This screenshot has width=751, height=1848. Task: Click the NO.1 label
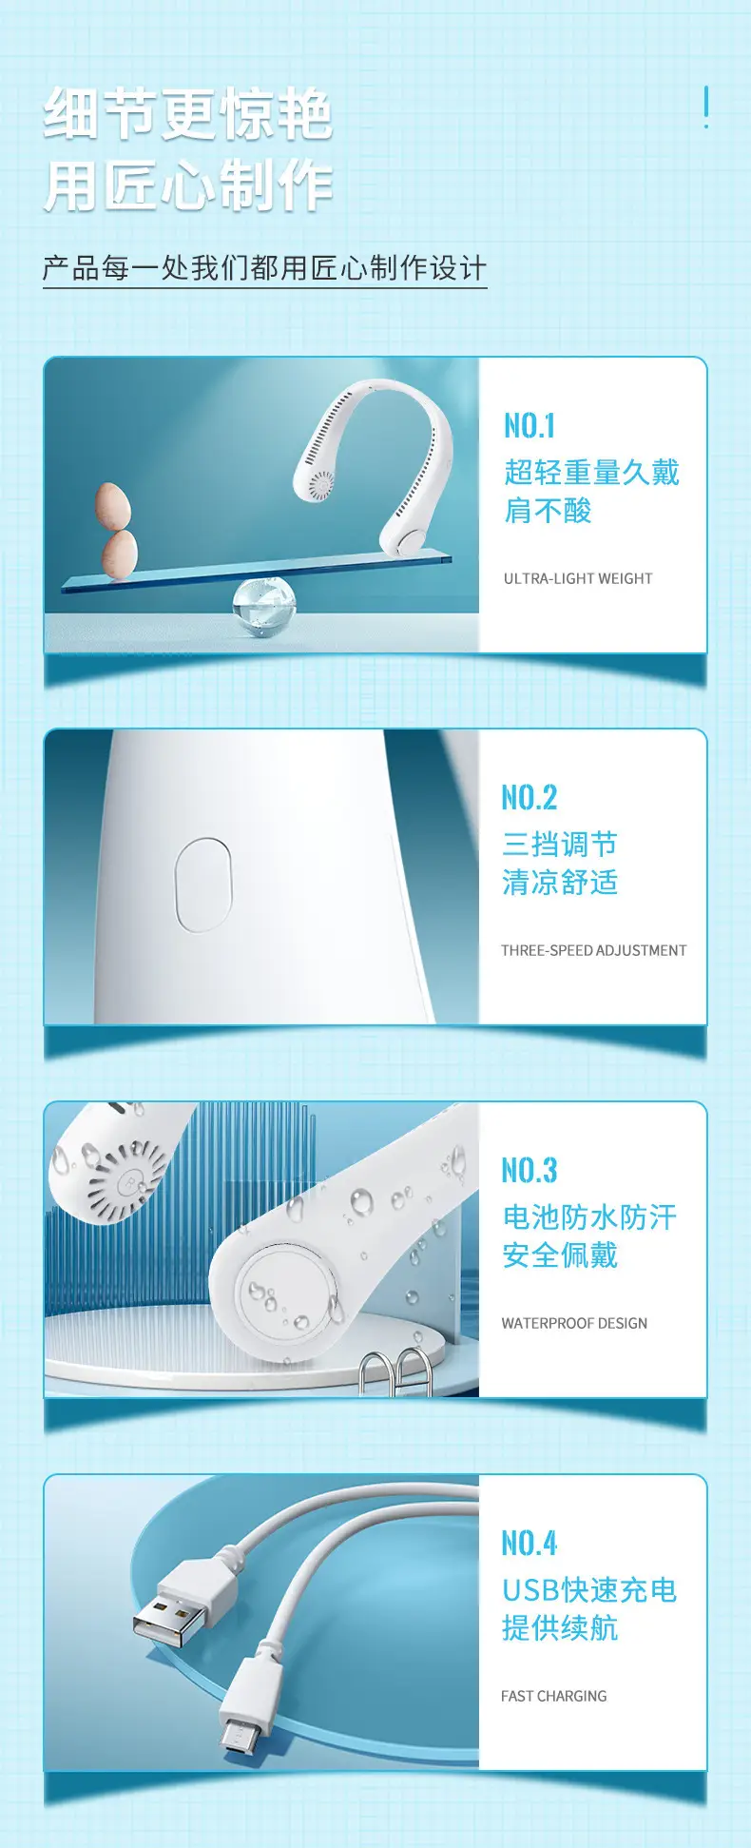click(x=530, y=425)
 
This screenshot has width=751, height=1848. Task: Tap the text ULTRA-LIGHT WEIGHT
click(x=578, y=578)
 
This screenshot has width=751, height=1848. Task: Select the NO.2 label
click(x=530, y=797)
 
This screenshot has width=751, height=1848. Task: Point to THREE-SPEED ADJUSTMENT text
click(x=594, y=950)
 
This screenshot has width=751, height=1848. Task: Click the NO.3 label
click(x=530, y=1170)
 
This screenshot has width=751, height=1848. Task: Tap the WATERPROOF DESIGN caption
click(x=574, y=1323)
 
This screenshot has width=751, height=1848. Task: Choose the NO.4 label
click(x=530, y=1543)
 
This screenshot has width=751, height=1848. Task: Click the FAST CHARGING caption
click(x=554, y=1696)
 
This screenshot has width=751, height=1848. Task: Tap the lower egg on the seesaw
click(x=120, y=554)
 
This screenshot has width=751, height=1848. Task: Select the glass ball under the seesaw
click(x=264, y=606)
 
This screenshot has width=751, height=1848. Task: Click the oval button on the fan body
click(x=203, y=885)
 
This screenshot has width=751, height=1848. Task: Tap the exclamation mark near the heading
click(x=705, y=107)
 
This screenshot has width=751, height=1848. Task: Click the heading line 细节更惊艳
click(x=188, y=114)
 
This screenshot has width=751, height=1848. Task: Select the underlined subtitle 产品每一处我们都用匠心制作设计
click(x=264, y=268)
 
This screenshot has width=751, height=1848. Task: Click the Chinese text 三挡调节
click(x=560, y=844)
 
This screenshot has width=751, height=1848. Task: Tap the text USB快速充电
click(x=589, y=1589)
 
